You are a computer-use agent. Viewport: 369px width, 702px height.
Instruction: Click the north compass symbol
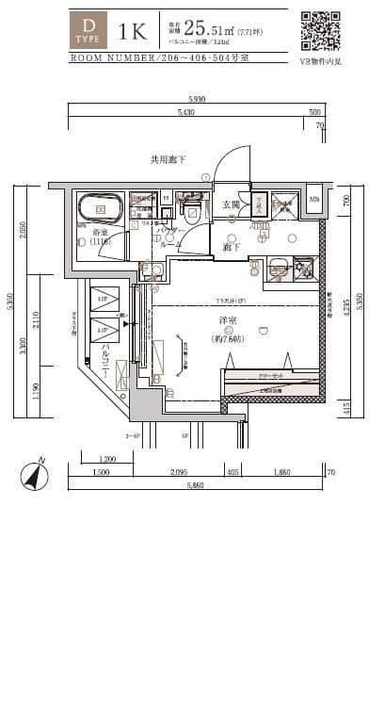click(35, 476)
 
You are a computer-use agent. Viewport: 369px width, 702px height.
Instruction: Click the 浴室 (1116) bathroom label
click(101, 237)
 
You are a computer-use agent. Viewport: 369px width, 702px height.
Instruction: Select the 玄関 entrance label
click(231, 204)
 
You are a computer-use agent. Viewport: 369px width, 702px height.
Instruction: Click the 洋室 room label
click(228, 320)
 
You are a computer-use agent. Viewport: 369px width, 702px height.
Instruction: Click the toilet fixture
click(192, 211)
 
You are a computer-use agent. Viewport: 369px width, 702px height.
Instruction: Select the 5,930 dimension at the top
click(197, 99)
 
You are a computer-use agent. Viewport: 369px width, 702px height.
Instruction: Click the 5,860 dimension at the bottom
click(196, 483)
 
